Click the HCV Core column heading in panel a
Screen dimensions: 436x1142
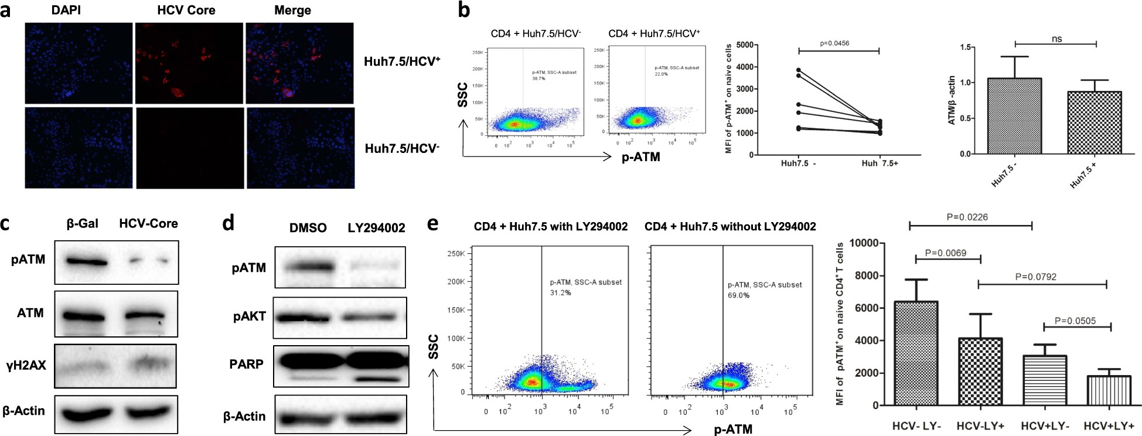(186, 11)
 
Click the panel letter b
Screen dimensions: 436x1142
(463, 10)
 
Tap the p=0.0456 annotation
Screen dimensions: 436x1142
(834, 43)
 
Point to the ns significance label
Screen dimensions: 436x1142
(1056, 39)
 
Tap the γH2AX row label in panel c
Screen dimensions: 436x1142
(26, 366)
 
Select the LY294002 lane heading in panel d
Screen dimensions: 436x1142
(376, 228)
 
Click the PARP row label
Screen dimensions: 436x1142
(246, 364)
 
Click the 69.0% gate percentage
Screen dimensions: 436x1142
(738, 295)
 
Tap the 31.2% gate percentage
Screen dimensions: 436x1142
(560, 292)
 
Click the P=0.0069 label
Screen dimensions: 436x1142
(946, 253)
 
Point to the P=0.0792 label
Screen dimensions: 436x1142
(1035, 277)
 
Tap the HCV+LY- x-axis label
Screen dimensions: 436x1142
(1043, 426)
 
